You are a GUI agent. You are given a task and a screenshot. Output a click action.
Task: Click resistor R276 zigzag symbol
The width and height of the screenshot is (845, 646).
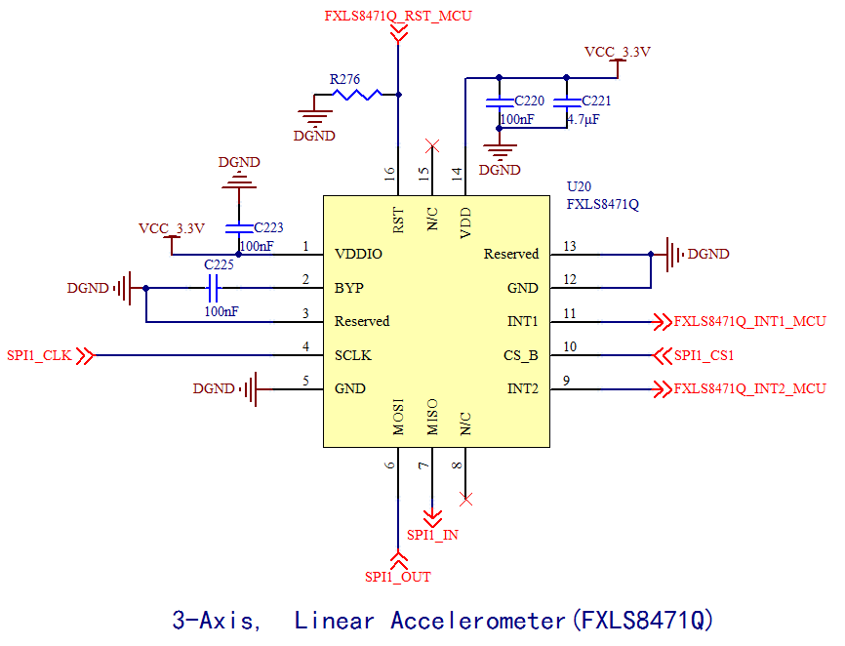click(357, 95)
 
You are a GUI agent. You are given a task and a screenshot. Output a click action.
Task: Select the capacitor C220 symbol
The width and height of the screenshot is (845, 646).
click(500, 101)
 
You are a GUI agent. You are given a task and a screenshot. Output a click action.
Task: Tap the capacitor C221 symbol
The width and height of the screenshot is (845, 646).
click(565, 101)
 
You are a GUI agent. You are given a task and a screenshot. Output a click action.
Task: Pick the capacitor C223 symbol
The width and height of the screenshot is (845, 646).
click(239, 228)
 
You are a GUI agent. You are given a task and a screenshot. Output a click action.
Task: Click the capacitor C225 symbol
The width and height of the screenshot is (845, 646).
click(214, 288)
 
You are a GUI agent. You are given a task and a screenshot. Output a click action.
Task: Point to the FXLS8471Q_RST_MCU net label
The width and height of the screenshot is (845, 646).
click(398, 16)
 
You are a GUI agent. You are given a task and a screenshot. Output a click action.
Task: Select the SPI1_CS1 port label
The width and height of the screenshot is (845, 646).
click(704, 355)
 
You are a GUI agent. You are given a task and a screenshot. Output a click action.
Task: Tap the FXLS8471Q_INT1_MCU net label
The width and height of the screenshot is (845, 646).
click(749, 321)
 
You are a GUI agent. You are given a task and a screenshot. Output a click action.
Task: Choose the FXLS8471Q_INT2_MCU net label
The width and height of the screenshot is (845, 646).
click(749, 389)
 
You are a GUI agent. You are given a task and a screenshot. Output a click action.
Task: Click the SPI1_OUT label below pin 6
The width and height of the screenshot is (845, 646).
click(398, 577)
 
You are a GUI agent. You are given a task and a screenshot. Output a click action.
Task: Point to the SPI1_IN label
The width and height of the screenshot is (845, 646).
click(432, 535)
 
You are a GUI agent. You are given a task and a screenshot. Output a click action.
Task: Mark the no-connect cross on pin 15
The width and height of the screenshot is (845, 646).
click(432, 146)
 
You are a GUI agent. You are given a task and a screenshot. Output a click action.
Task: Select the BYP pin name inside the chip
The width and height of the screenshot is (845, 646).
click(349, 289)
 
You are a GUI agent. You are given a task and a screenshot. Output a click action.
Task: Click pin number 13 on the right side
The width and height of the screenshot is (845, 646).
click(571, 246)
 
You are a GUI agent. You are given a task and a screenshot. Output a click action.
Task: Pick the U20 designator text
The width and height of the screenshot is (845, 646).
click(579, 186)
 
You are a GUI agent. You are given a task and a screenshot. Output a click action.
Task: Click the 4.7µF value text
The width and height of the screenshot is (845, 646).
click(583, 120)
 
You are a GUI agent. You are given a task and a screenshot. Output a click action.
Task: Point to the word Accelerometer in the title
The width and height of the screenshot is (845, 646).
click(478, 620)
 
